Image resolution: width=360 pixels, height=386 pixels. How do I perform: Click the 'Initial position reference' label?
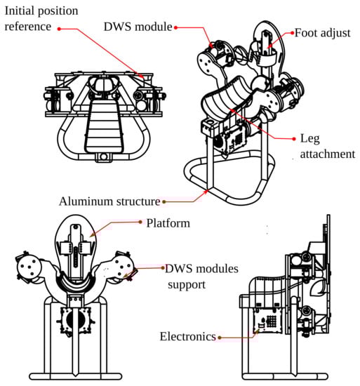[x=41, y=19]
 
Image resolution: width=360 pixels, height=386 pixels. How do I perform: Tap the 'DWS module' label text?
[x=138, y=27]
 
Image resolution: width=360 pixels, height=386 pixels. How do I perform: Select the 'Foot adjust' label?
[x=322, y=33]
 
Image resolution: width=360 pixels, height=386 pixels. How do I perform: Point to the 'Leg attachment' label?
[x=328, y=146]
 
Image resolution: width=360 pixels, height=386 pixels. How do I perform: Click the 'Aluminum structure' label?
[x=109, y=201]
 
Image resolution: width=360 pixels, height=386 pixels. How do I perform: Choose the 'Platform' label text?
[x=168, y=223]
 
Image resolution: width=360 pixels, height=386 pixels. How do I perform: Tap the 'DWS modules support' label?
[x=202, y=277]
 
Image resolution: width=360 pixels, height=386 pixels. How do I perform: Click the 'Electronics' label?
[x=188, y=336]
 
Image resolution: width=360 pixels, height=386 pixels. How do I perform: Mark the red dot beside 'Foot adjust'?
[x=292, y=32]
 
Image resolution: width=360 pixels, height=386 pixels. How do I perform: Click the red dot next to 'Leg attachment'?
[x=294, y=139]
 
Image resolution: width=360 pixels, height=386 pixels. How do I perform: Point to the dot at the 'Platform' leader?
[x=140, y=222]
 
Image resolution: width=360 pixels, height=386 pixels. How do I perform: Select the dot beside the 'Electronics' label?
[x=220, y=338]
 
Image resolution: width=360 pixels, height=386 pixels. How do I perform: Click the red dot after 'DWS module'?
[x=175, y=27]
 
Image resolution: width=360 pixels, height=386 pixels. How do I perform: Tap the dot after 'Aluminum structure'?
[x=164, y=202]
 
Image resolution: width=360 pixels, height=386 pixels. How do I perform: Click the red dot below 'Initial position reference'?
[x=59, y=29]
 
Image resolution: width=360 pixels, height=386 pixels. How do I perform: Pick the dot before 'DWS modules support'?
[x=163, y=267]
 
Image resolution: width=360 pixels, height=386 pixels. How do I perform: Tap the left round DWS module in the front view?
[x=27, y=266]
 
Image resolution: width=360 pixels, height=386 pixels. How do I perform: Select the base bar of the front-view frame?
[x=76, y=376]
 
